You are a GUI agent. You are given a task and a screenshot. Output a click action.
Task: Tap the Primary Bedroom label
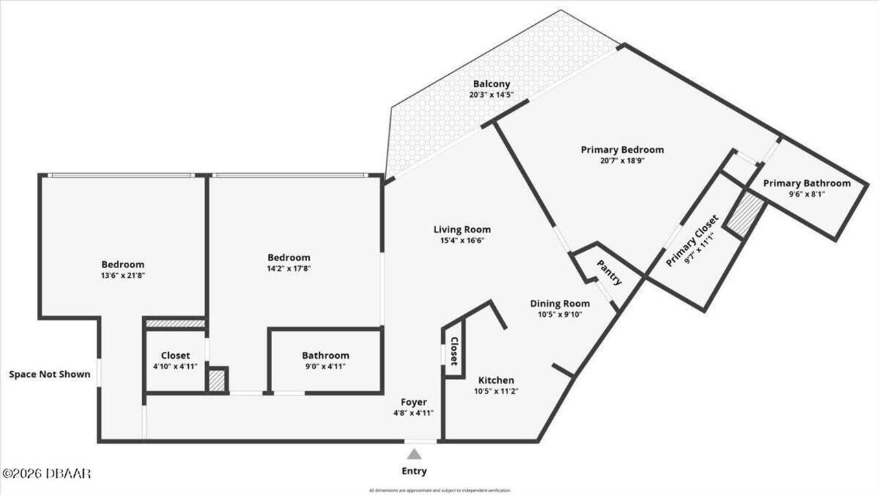(622, 149)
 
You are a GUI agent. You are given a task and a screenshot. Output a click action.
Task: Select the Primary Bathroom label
(806, 183)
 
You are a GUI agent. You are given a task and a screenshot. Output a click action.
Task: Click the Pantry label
(609, 272)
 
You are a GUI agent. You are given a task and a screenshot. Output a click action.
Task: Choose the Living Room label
(461, 230)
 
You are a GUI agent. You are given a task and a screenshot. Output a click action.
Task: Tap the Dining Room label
(560, 303)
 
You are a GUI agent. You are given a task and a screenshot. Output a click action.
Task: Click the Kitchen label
(496, 380)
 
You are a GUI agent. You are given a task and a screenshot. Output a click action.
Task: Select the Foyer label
(413, 402)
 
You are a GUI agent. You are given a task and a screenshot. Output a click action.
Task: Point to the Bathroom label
(326, 355)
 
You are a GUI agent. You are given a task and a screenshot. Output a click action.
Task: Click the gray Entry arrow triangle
(414, 454)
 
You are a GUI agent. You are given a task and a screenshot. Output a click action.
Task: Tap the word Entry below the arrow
(414, 471)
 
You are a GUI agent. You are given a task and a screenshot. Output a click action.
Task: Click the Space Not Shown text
(49, 375)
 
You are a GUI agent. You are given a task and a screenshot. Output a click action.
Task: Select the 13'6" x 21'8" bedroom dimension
(123, 275)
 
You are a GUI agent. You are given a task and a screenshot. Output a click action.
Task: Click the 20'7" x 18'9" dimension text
(622, 160)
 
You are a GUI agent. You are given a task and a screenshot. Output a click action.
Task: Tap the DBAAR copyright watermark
(47, 473)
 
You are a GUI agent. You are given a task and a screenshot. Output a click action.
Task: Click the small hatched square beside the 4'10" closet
(217, 380)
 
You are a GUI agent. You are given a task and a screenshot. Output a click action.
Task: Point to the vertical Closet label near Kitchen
(454, 351)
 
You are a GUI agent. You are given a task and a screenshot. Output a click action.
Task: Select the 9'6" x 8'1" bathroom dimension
(806, 195)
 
